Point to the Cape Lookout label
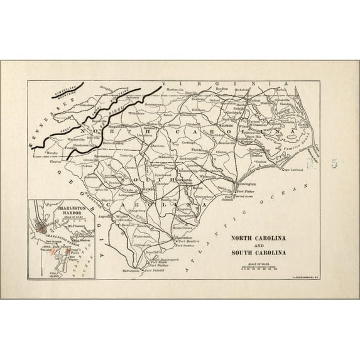283,168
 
